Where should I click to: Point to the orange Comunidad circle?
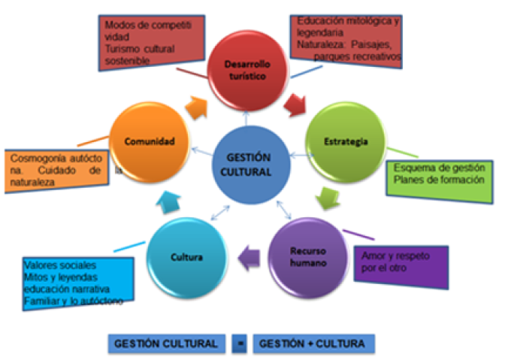click(150, 141)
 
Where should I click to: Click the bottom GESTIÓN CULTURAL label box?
click(167, 343)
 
